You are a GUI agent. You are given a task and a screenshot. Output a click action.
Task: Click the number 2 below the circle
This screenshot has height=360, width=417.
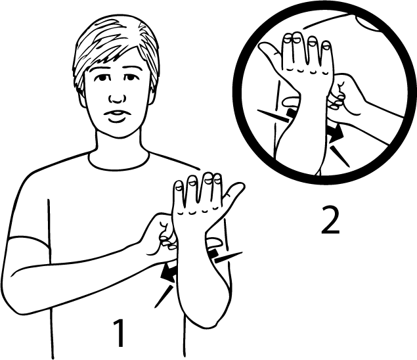330,220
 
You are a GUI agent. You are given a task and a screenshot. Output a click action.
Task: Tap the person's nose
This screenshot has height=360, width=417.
116,99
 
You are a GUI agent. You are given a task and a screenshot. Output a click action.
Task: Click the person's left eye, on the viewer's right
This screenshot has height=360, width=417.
129,78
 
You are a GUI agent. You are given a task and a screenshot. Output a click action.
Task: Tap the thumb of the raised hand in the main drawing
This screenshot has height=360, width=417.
232,197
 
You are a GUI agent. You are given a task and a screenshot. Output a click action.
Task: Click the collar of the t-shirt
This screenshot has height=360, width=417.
119,162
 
